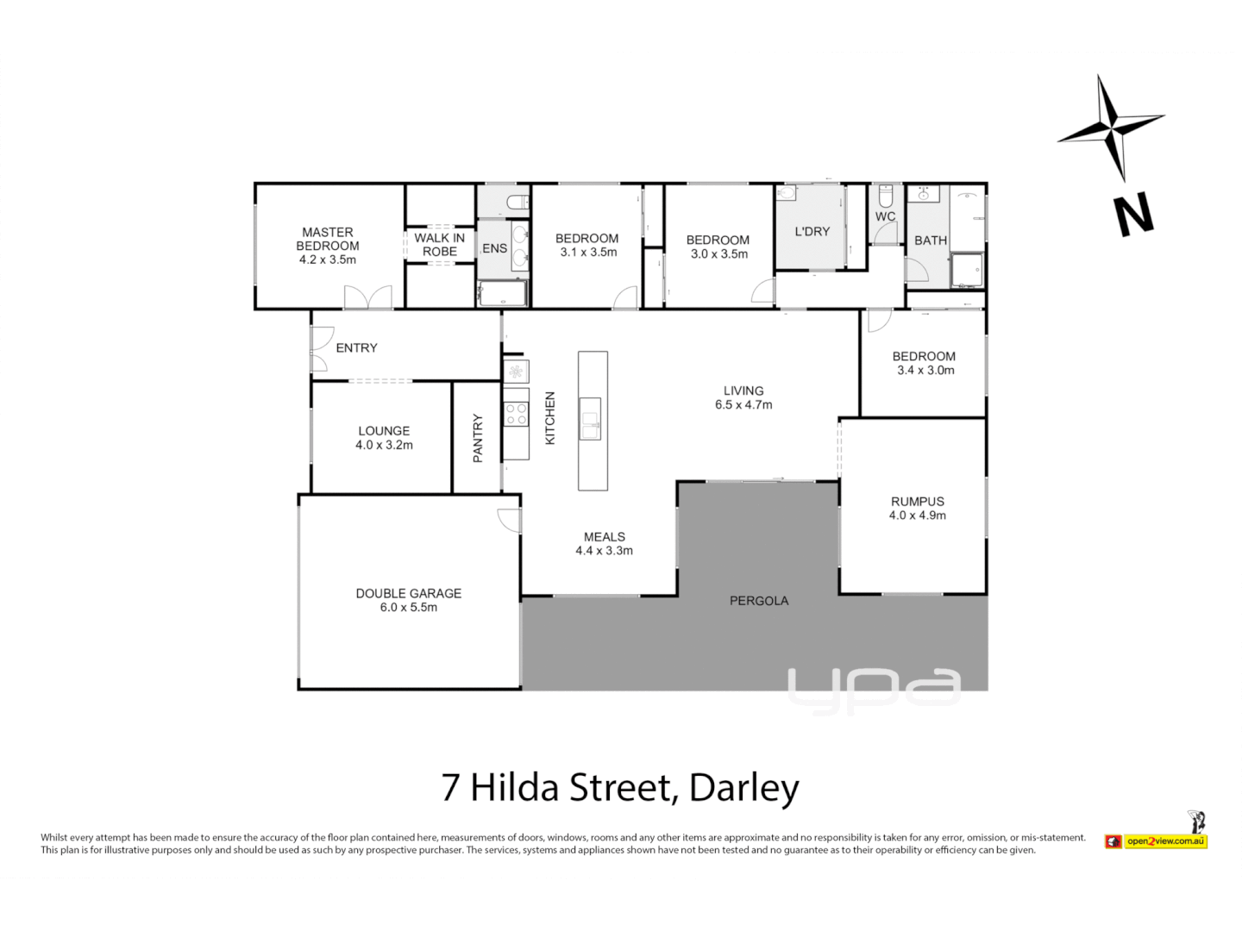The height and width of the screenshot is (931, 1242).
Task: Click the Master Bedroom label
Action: pos(328,239)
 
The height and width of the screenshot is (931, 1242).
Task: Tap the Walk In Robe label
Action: pos(440,245)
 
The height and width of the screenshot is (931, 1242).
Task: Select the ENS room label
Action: pos(495,248)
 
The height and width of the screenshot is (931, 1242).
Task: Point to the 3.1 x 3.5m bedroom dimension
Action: pos(588,253)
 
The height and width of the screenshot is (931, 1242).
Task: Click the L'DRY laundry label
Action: pos(812,231)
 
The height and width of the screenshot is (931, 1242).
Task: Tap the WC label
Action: pos(885,216)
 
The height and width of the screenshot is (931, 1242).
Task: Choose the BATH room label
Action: pos(931,241)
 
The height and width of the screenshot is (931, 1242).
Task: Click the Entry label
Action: pos(357,347)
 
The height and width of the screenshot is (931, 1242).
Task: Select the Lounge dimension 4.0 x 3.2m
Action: pos(385,446)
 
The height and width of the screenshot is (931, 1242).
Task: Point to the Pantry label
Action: pos(478,438)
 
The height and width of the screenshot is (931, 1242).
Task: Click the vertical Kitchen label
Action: pos(550,418)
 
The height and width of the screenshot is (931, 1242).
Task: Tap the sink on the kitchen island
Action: pos(591,418)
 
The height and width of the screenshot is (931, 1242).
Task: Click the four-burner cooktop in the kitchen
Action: pos(516,414)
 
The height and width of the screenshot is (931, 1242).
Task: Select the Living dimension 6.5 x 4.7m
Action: pos(743,405)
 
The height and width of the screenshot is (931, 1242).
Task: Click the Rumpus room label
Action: pos(918,501)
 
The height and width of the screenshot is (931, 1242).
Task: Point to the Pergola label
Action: pos(759,601)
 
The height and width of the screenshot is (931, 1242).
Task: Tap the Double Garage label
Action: pos(409,593)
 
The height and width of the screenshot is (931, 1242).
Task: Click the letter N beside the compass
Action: pos(1133,216)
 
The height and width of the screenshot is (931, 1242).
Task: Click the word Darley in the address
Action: pos(744,787)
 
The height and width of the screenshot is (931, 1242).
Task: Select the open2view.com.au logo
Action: pos(1164,840)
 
